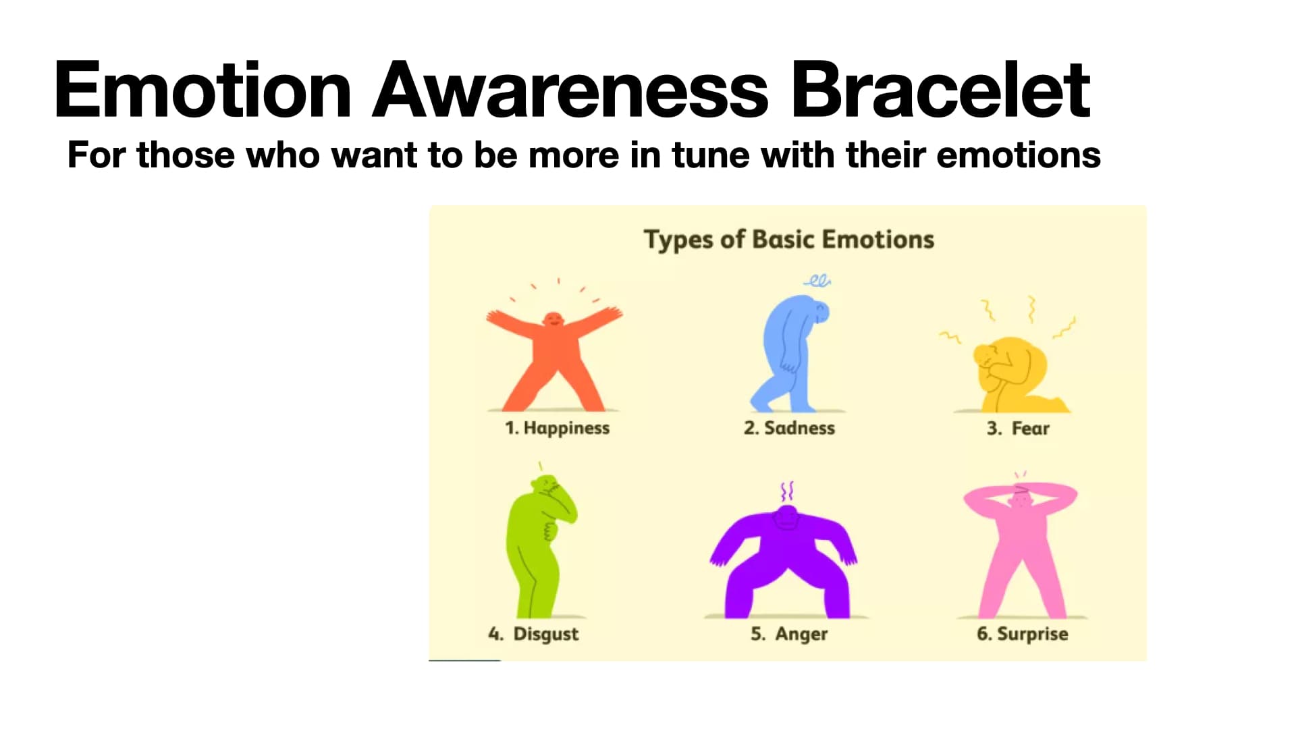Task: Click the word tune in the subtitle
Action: [x=710, y=155]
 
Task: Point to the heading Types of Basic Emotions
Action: [x=788, y=240]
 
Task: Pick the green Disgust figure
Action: [x=537, y=547]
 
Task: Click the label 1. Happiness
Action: [x=557, y=428]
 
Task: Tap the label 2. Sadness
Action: [x=789, y=428]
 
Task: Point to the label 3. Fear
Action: [x=1018, y=428]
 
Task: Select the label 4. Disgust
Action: [x=533, y=634]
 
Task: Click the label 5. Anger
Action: [x=788, y=634]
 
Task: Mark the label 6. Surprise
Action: [x=1022, y=634]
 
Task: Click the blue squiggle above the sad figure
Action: [x=817, y=281]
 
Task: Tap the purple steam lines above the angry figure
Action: [x=787, y=491]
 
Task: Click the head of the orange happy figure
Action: [x=553, y=319]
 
